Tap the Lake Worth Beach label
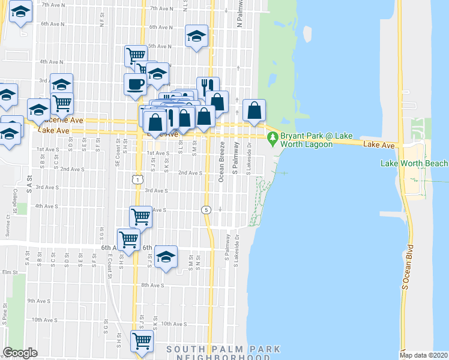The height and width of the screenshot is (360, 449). [x=414, y=163]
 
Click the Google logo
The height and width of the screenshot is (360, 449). [x=20, y=353]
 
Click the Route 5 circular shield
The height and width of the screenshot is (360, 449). [x=206, y=209]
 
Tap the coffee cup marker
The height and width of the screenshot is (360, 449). [x=134, y=84]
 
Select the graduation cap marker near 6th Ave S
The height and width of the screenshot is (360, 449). [x=166, y=257]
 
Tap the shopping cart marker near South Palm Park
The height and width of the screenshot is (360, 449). [x=142, y=341]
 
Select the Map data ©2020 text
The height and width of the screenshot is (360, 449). [x=424, y=355]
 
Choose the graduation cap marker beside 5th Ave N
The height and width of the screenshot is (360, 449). [x=196, y=36]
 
